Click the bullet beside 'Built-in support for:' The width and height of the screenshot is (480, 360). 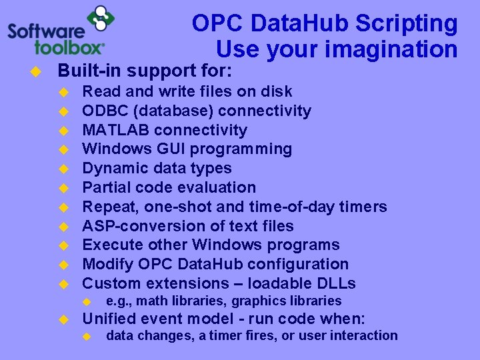[x=37, y=71]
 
